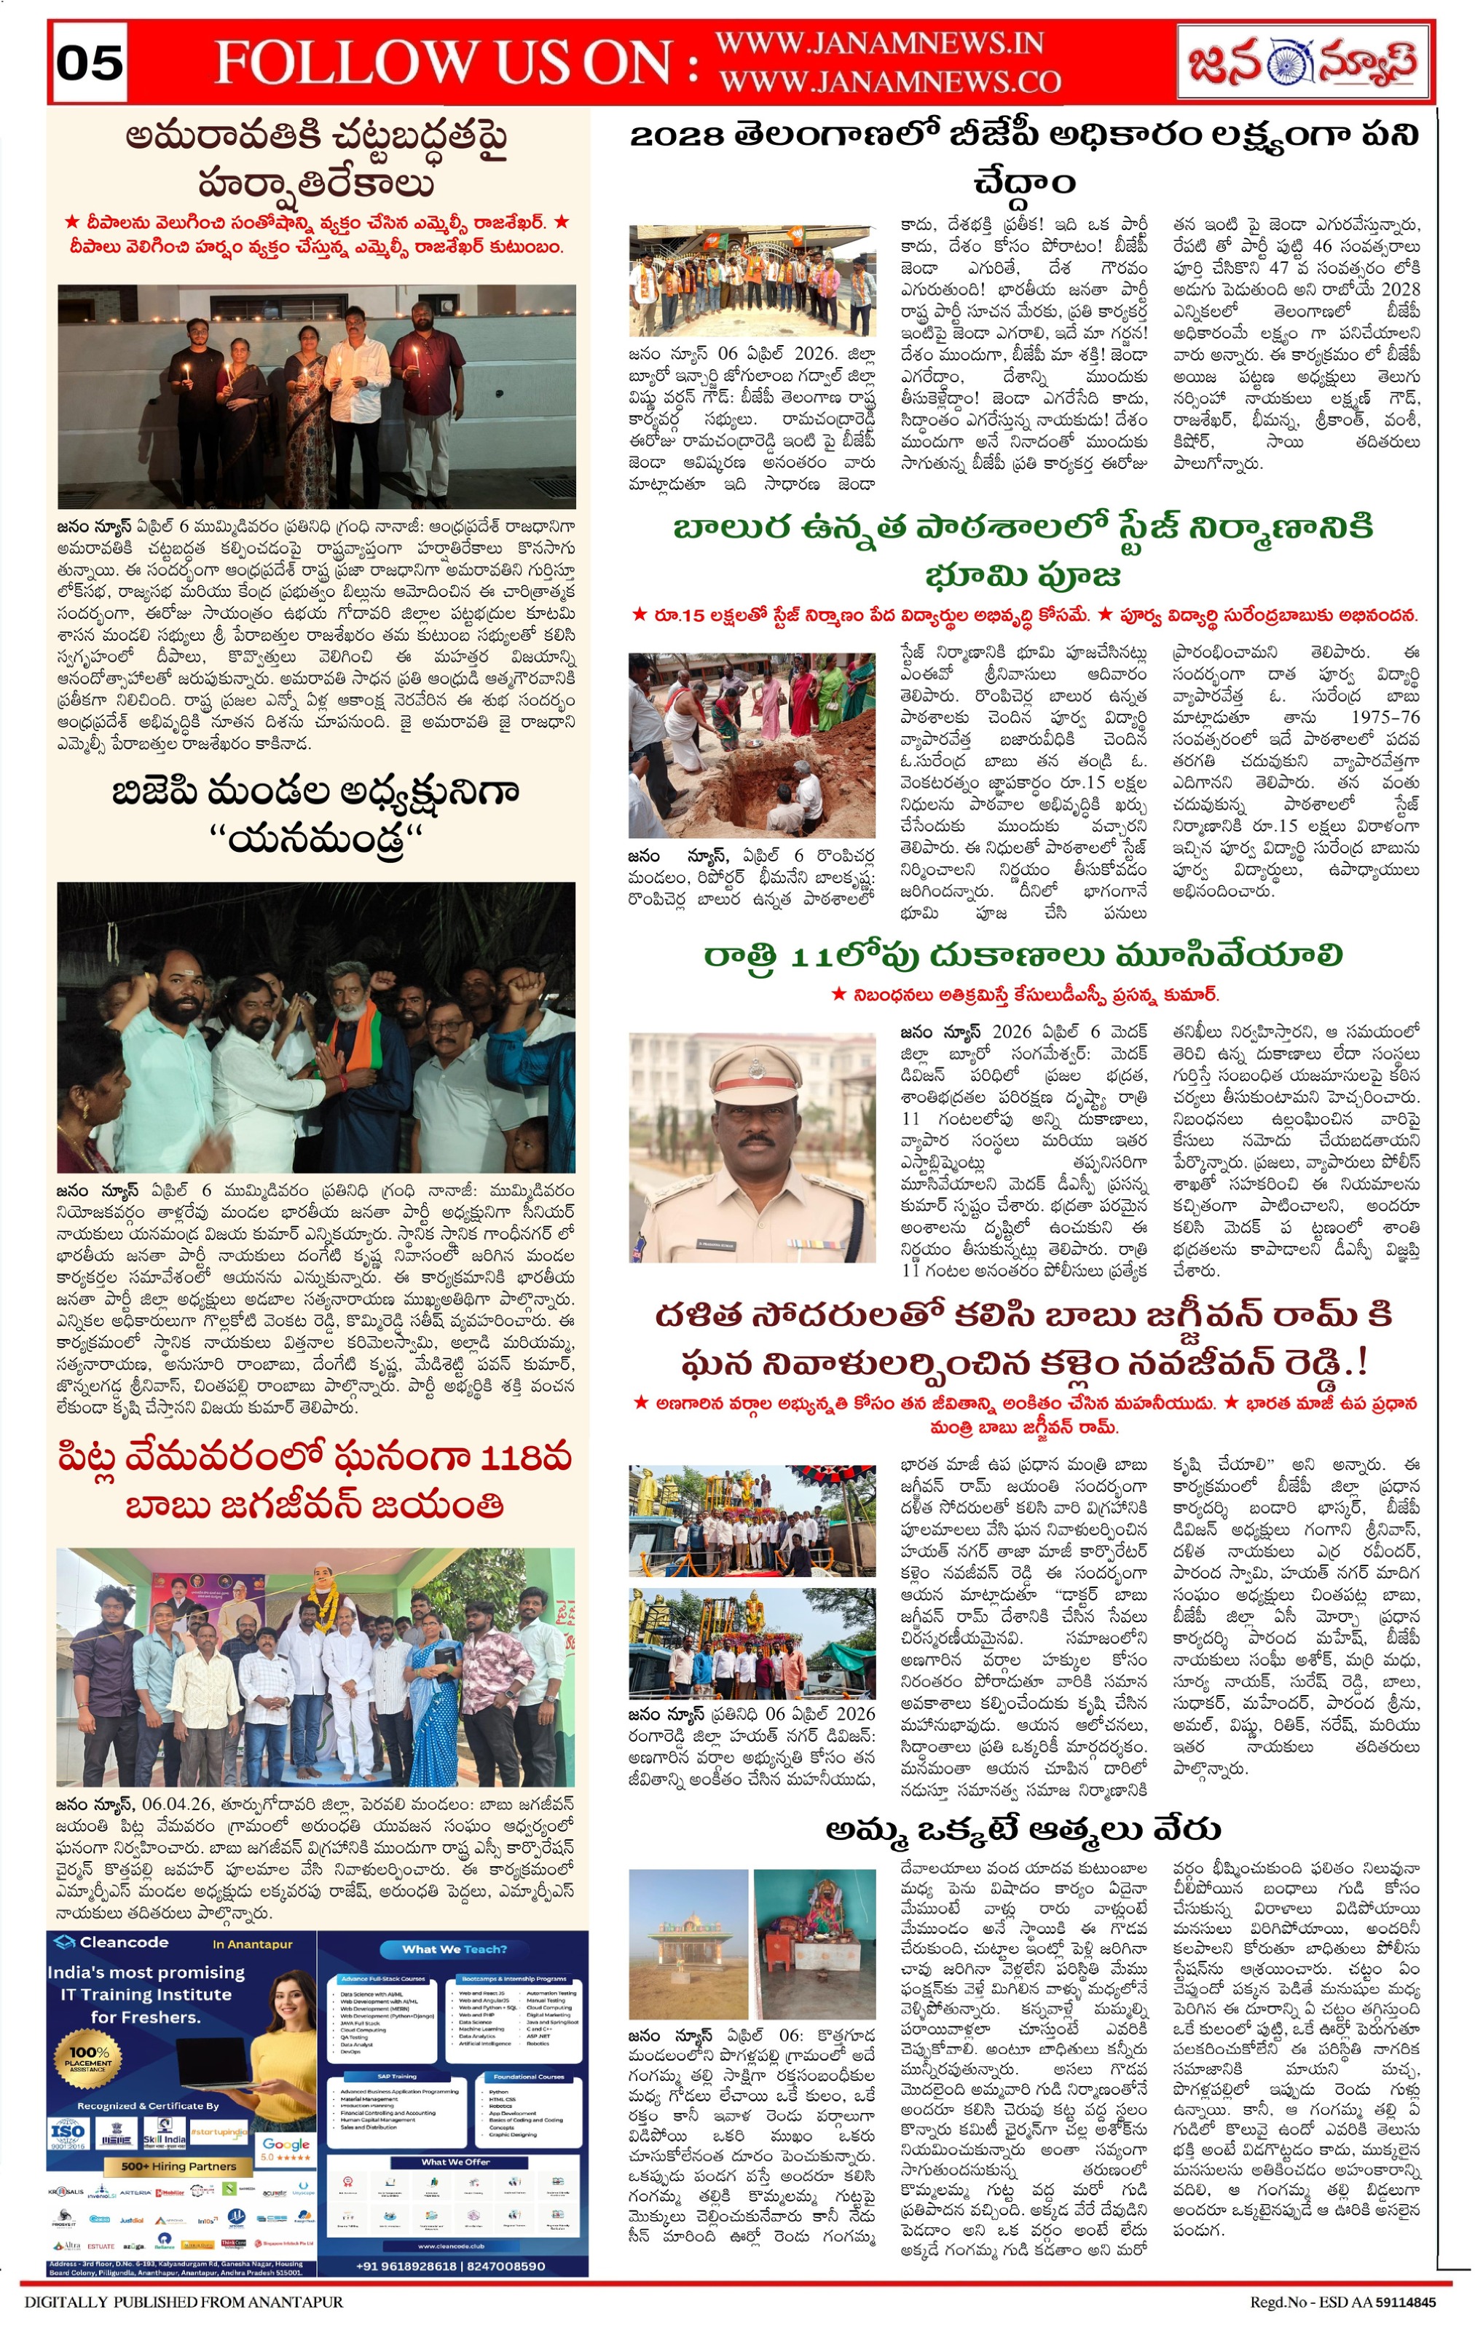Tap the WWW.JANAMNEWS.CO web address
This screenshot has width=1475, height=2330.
coord(889,82)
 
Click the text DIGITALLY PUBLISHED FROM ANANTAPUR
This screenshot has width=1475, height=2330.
coord(184,2302)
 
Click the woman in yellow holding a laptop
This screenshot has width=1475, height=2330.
coord(280,2042)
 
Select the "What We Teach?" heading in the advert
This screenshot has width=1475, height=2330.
coord(453,1948)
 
